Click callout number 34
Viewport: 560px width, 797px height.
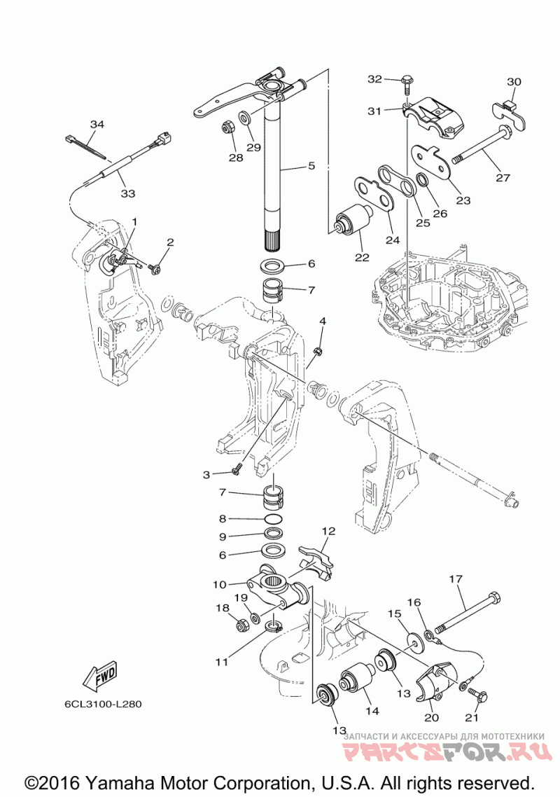pyautogui.click(x=97, y=125)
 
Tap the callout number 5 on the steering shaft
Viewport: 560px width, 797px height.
pyautogui.click(x=311, y=166)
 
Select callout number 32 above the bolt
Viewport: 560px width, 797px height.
pyautogui.click(x=374, y=79)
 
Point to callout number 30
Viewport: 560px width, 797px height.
pyautogui.click(x=514, y=82)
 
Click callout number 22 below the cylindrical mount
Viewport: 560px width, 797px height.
pyautogui.click(x=361, y=258)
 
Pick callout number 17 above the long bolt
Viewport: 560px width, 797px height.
pyautogui.click(x=456, y=579)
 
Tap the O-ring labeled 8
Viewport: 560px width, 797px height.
pyautogui.click(x=274, y=520)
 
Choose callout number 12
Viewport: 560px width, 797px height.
pyautogui.click(x=328, y=531)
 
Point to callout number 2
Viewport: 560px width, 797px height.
pyautogui.click(x=169, y=242)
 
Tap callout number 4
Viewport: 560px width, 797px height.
pyautogui.click(x=323, y=321)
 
